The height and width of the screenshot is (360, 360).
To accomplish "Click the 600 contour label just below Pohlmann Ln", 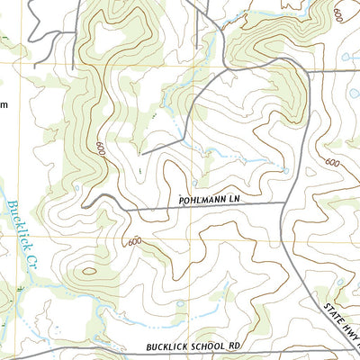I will [x=135, y=241].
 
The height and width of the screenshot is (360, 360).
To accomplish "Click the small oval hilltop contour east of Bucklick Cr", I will [x=89, y=273].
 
